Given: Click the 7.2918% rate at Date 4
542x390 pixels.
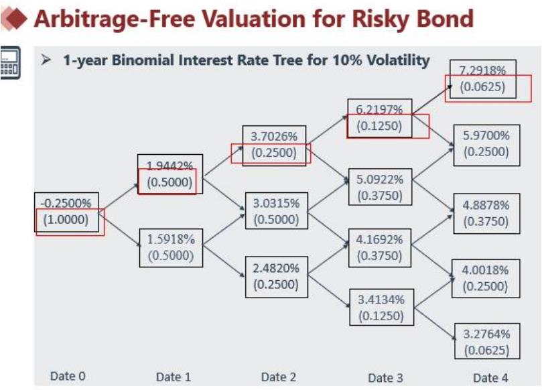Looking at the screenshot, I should [x=482, y=70].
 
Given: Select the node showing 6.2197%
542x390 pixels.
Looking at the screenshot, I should [x=379, y=109].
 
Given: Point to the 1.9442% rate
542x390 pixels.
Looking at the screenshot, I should [x=170, y=165].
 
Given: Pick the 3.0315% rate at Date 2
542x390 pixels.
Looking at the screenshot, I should [x=276, y=203].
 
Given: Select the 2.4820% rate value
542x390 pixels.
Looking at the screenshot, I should [x=276, y=267].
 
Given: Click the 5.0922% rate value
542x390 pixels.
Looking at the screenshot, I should [x=380, y=180].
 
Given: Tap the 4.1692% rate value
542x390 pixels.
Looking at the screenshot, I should [x=380, y=239].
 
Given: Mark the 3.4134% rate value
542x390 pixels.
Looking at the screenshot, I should [x=380, y=298].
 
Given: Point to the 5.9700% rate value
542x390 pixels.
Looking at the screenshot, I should [x=486, y=135].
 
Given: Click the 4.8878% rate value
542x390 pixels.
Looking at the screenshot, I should [x=486, y=205].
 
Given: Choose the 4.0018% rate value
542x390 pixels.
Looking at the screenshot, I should [x=486, y=270].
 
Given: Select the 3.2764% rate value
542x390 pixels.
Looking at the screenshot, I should [x=486, y=334].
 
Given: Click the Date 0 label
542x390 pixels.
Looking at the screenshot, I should [x=68, y=376].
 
